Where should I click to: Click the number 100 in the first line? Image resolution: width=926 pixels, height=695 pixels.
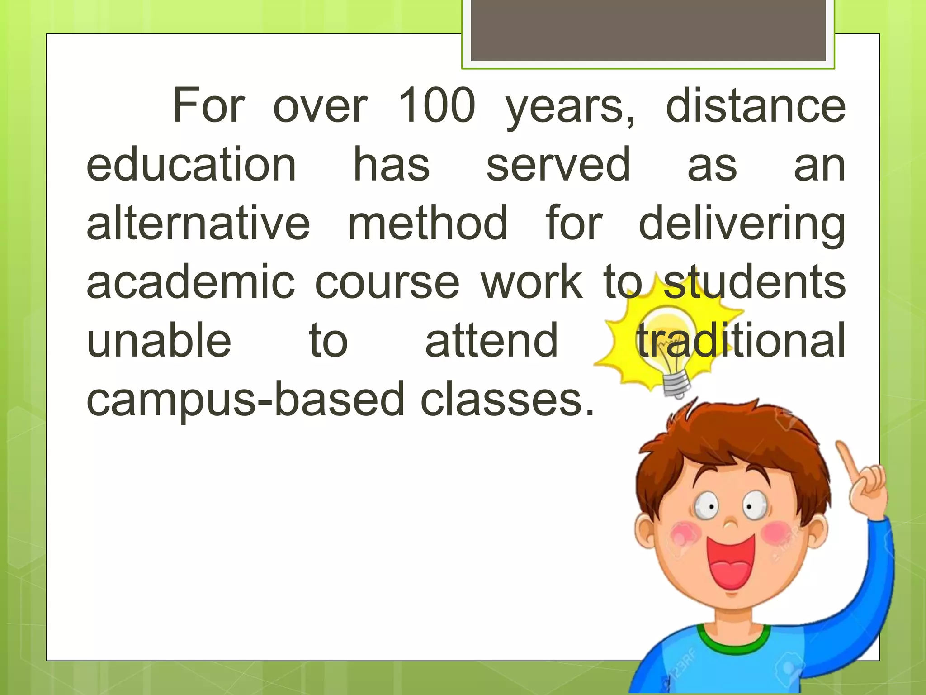coord(437,106)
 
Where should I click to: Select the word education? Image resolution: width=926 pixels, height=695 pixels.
coord(191,165)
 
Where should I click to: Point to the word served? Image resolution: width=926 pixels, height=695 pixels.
coord(558,165)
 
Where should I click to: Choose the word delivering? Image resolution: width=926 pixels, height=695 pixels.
coord(742,224)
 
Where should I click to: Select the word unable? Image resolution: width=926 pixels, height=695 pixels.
coord(159,340)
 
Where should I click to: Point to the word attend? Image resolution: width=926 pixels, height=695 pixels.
coord(491,340)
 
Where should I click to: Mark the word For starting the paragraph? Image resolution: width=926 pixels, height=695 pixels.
coord(208,106)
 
